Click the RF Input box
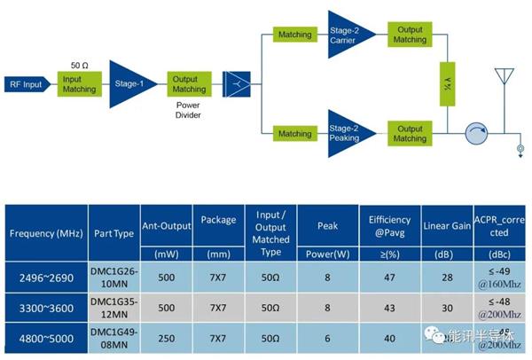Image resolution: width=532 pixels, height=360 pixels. pyautogui.click(x=27, y=84)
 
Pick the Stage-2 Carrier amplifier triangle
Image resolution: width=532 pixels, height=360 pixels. pyautogui.click(x=348, y=34)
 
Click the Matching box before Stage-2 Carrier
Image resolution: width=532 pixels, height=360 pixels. pyautogui.click(x=294, y=35)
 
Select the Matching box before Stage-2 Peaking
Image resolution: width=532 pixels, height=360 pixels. pyautogui.click(x=294, y=134)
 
